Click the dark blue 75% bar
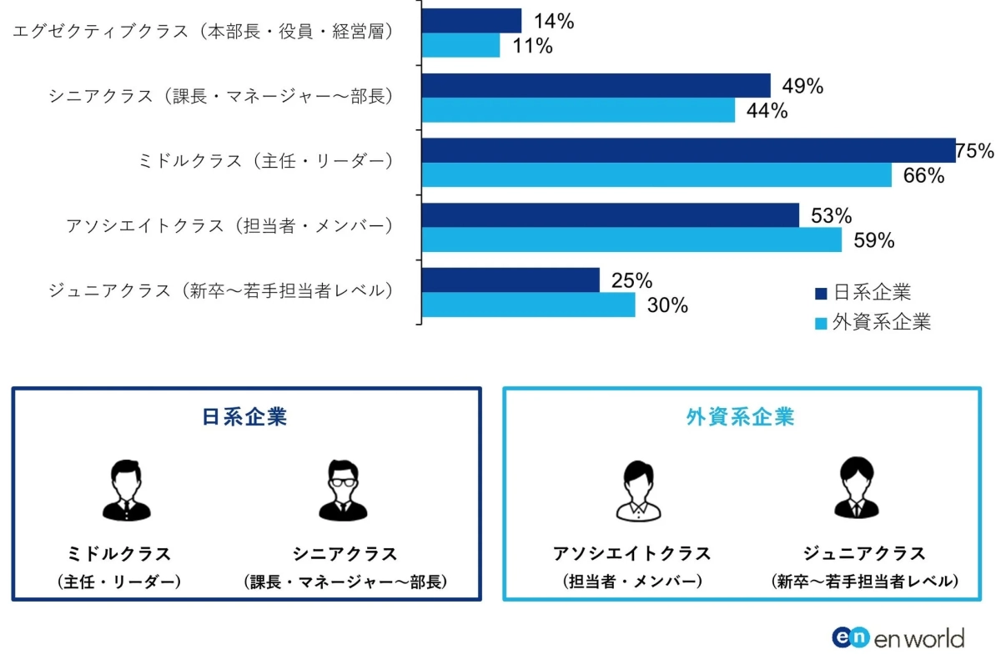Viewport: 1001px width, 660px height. pos(688,150)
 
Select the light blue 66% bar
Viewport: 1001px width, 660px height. pos(656,175)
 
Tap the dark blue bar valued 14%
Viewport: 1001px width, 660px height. pos(472,21)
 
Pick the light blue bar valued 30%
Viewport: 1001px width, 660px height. pos(529,305)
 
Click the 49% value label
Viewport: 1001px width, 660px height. pos(802,85)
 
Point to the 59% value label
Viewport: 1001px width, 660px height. pos(873,240)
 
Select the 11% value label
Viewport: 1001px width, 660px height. pos(532,46)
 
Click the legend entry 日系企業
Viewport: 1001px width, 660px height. pos(863,293)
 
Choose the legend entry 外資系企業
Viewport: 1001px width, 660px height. pos(873,322)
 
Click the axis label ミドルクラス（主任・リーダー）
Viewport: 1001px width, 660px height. pos(265,162)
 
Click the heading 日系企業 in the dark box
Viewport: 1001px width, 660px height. pos(244,417)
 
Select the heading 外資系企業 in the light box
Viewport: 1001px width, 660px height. pos(740,417)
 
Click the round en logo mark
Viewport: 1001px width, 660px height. pos(851,637)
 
